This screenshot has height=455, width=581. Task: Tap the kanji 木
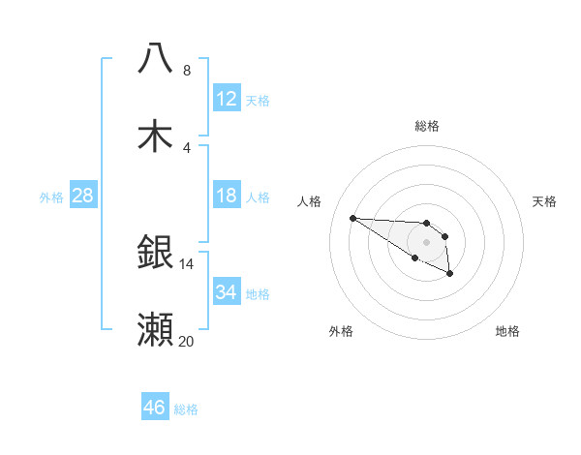click(155, 135)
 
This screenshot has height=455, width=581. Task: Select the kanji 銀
click(155, 252)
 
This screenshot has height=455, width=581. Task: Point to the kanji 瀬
click(155, 329)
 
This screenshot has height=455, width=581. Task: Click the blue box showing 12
click(227, 99)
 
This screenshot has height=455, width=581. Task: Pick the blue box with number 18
click(227, 197)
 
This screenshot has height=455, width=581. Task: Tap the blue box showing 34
click(227, 291)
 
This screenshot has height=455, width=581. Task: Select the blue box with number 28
click(82, 197)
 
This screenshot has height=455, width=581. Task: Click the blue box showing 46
click(155, 408)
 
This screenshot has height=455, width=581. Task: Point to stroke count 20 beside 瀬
click(186, 342)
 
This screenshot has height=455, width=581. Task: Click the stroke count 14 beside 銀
click(186, 263)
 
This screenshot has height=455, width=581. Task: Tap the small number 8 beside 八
click(187, 71)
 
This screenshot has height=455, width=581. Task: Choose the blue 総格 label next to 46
click(186, 409)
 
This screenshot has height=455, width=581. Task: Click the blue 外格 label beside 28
click(51, 197)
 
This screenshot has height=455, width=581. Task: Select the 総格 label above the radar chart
click(427, 126)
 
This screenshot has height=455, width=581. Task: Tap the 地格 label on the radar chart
click(507, 331)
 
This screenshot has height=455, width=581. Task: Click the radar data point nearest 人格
click(352, 218)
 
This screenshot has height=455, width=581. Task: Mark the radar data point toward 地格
click(450, 274)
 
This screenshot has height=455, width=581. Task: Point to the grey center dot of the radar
click(426, 241)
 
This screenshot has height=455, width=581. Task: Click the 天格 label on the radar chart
click(545, 201)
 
